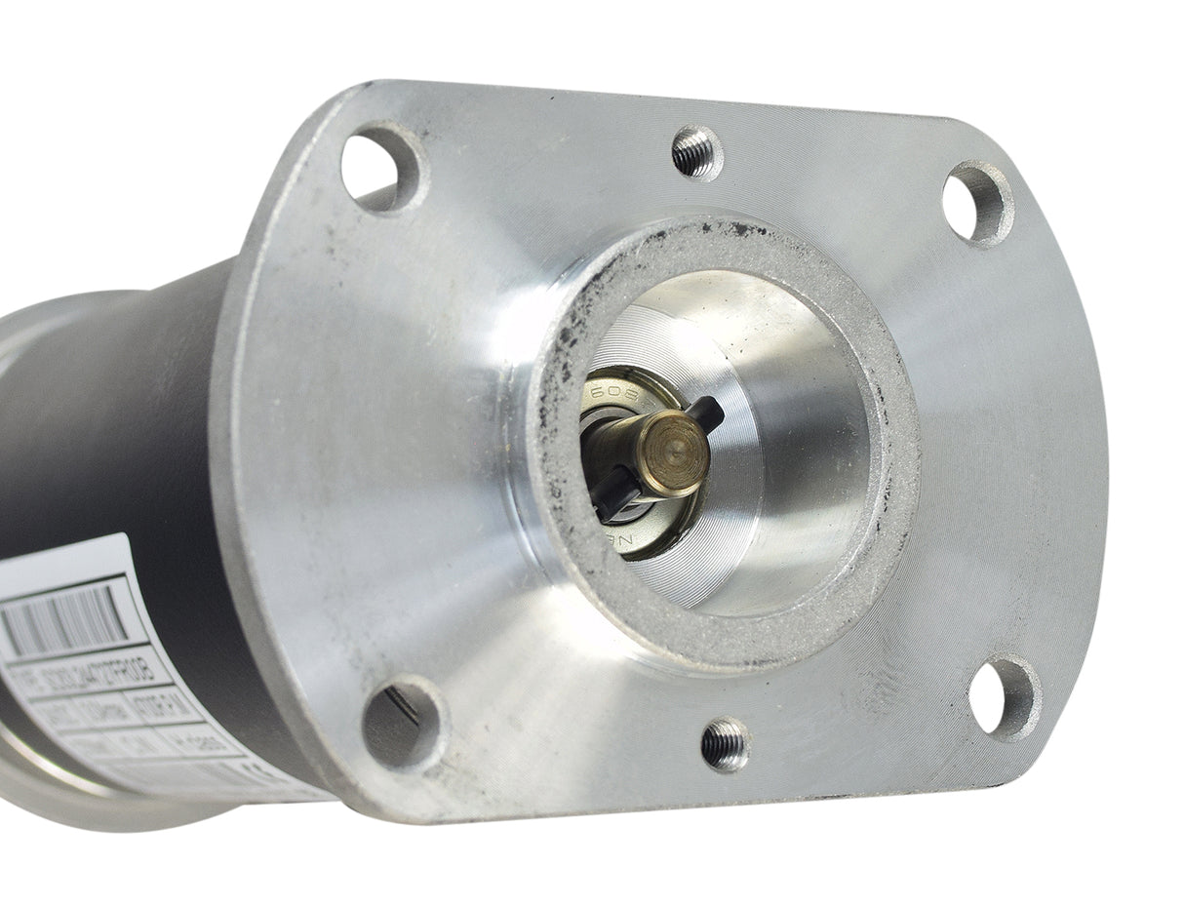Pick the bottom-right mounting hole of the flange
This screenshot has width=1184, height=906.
[x=1003, y=696]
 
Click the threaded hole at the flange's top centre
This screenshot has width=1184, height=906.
[x=696, y=153]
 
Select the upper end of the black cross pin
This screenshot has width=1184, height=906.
[x=705, y=413]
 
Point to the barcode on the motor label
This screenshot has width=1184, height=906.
[x=64, y=619]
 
